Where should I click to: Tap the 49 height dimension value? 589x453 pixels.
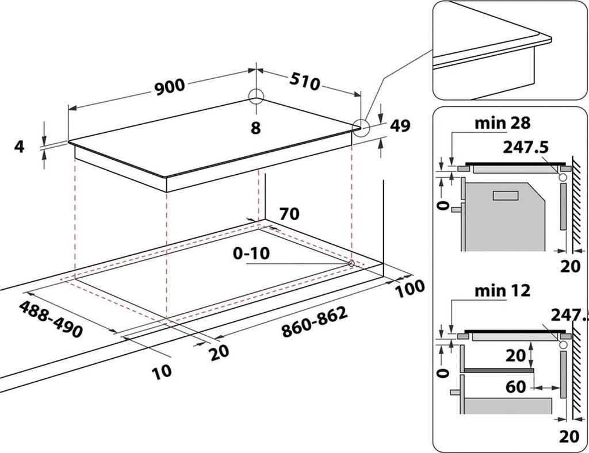[x=400, y=126]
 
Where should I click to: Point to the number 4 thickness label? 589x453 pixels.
[x=20, y=147]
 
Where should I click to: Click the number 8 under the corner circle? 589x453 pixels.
[x=255, y=128]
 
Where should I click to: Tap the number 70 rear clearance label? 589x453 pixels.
[x=289, y=214]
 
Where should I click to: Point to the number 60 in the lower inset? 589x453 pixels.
[x=515, y=387]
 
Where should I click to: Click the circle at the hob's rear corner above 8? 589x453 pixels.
[x=255, y=96]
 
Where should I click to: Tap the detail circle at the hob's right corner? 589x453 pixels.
[x=361, y=127]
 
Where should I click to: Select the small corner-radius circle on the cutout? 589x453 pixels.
[x=351, y=263]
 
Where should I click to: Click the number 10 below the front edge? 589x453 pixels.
[x=162, y=371]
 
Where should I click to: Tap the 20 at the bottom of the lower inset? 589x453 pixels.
[x=570, y=437]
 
